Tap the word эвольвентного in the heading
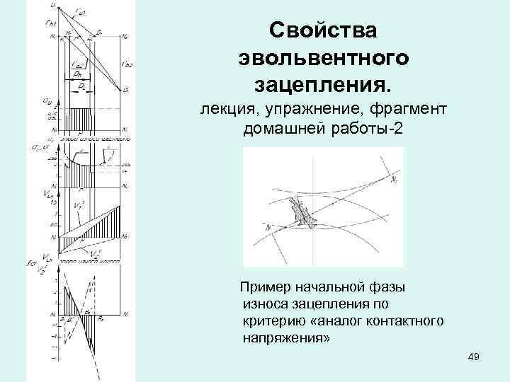click(324, 58)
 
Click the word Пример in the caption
click(266, 287)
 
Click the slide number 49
click(474, 357)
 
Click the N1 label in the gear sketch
click(268, 228)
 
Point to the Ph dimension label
click(75, 71)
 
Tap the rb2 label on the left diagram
click(127, 64)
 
